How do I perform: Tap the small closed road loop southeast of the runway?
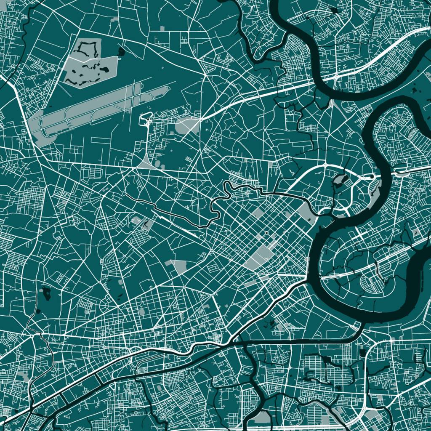click(146, 118)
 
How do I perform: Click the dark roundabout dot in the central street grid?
click(266, 232)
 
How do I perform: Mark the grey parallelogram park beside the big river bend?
click(307, 213)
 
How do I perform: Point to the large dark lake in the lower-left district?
click(46, 293)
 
